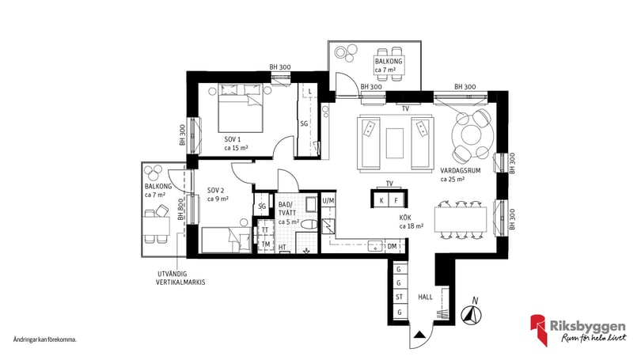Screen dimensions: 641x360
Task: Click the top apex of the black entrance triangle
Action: (419, 332)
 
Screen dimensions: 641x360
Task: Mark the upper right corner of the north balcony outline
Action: (421, 41)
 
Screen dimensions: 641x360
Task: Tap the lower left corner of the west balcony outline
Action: (142, 256)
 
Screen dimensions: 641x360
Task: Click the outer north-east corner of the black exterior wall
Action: (508, 91)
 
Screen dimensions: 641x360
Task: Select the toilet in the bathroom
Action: (309, 225)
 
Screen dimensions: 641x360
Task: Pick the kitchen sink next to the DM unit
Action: (374, 246)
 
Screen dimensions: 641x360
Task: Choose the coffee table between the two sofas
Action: (395, 143)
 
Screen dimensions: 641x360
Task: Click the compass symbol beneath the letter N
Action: (472, 316)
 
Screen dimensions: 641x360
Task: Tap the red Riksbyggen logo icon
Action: (538, 329)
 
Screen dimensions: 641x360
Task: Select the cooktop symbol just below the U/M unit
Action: (328, 226)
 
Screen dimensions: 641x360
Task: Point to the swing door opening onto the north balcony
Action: (343, 84)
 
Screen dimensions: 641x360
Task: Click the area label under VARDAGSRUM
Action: (452, 179)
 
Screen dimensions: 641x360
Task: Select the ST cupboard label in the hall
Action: (399, 297)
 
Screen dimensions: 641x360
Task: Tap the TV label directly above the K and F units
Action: (389, 184)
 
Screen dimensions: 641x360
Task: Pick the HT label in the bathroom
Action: (282, 247)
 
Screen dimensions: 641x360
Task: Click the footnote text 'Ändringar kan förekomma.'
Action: (45, 339)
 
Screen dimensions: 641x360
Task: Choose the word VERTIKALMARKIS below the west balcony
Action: (180, 282)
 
